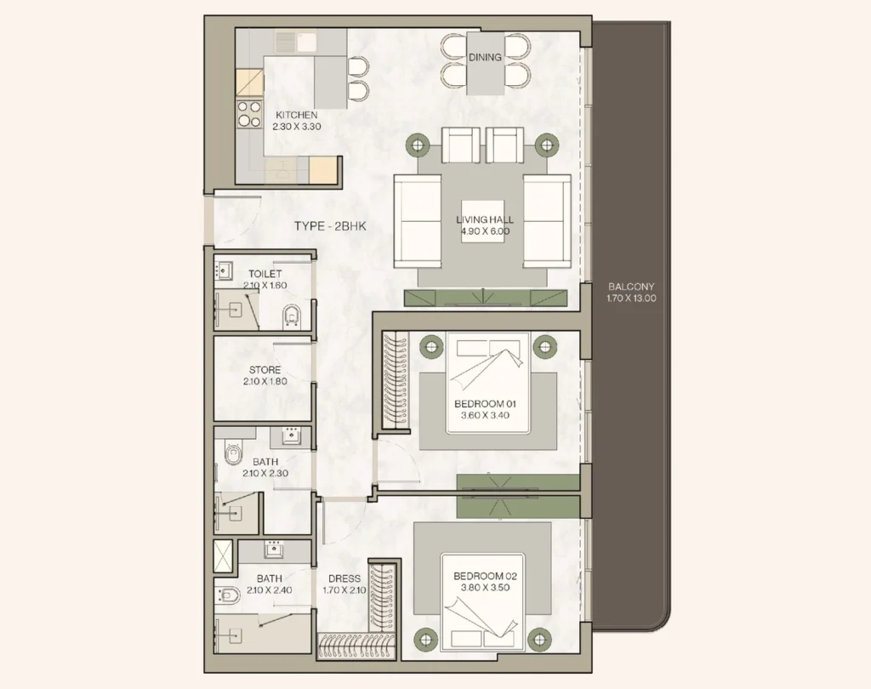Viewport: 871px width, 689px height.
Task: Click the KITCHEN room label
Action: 296,115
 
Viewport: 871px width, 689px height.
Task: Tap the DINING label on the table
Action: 485,58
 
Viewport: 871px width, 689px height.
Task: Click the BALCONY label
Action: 632,288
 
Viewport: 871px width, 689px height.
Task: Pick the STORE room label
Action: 265,370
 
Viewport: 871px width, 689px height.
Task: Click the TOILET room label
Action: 265,274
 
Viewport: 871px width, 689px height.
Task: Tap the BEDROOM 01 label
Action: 486,403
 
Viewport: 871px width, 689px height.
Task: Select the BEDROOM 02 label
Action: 485,575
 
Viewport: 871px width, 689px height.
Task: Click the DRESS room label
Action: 344,579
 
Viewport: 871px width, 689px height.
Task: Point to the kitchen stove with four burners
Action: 249,114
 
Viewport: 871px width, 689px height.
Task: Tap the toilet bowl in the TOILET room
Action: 291,316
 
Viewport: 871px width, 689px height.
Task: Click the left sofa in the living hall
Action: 417,219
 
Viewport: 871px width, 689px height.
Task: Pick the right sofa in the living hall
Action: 546,219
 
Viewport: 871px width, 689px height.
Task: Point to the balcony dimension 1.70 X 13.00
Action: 632,299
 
